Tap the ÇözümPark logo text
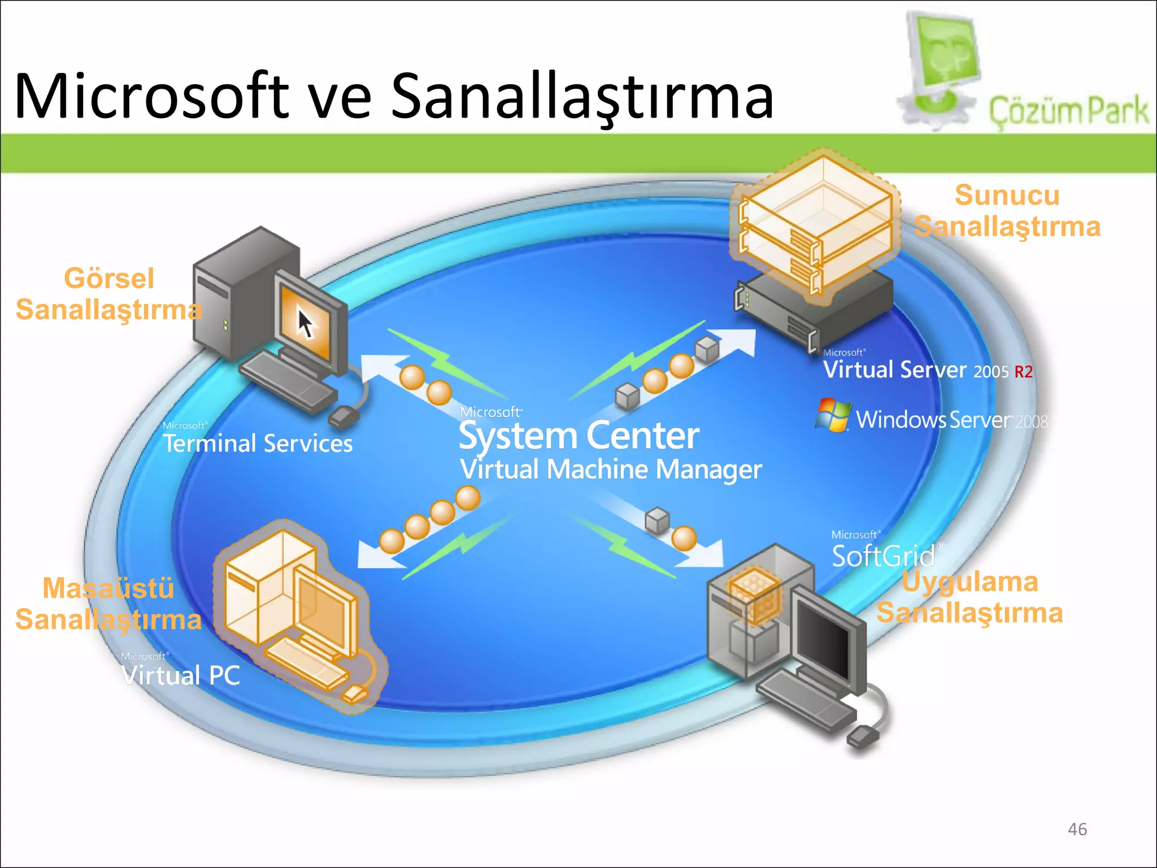click(x=1068, y=111)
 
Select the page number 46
click(x=1077, y=829)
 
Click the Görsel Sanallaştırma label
click(x=108, y=294)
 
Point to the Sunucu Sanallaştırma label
click(x=1007, y=211)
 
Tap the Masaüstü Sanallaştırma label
click(x=108, y=604)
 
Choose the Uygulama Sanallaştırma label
click(x=969, y=597)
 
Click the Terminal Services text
click(x=258, y=444)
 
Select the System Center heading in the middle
click(x=578, y=436)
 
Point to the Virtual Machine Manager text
click(x=610, y=470)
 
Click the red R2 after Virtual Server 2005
click(x=1023, y=372)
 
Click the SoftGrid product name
click(x=883, y=556)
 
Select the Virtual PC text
click(x=181, y=675)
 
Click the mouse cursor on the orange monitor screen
click(x=306, y=324)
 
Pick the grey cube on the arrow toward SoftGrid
click(x=657, y=520)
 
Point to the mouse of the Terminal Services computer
click(x=343, y=417)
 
